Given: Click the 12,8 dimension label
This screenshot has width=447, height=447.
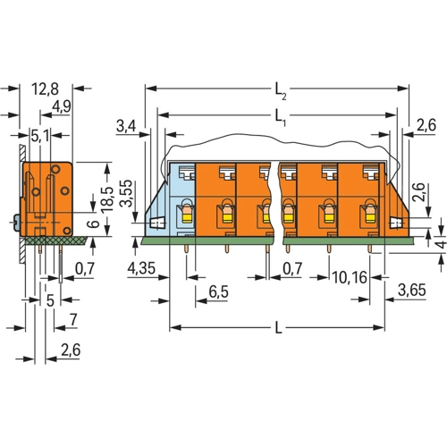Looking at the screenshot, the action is point(46,89).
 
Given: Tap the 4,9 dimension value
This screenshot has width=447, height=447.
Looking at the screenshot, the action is point(62,106).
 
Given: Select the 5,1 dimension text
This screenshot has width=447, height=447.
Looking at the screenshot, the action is point(41,136).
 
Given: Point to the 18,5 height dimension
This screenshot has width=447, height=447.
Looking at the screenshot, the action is point(107,199).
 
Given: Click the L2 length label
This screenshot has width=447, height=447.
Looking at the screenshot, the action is point(281,91).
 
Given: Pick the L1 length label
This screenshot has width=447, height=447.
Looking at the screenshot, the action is point(280,117).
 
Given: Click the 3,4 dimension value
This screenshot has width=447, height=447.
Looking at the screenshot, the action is point(126,126).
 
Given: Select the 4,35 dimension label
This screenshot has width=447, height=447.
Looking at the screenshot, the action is point(141,268).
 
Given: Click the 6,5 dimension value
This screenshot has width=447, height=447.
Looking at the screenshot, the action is point(219,292).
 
